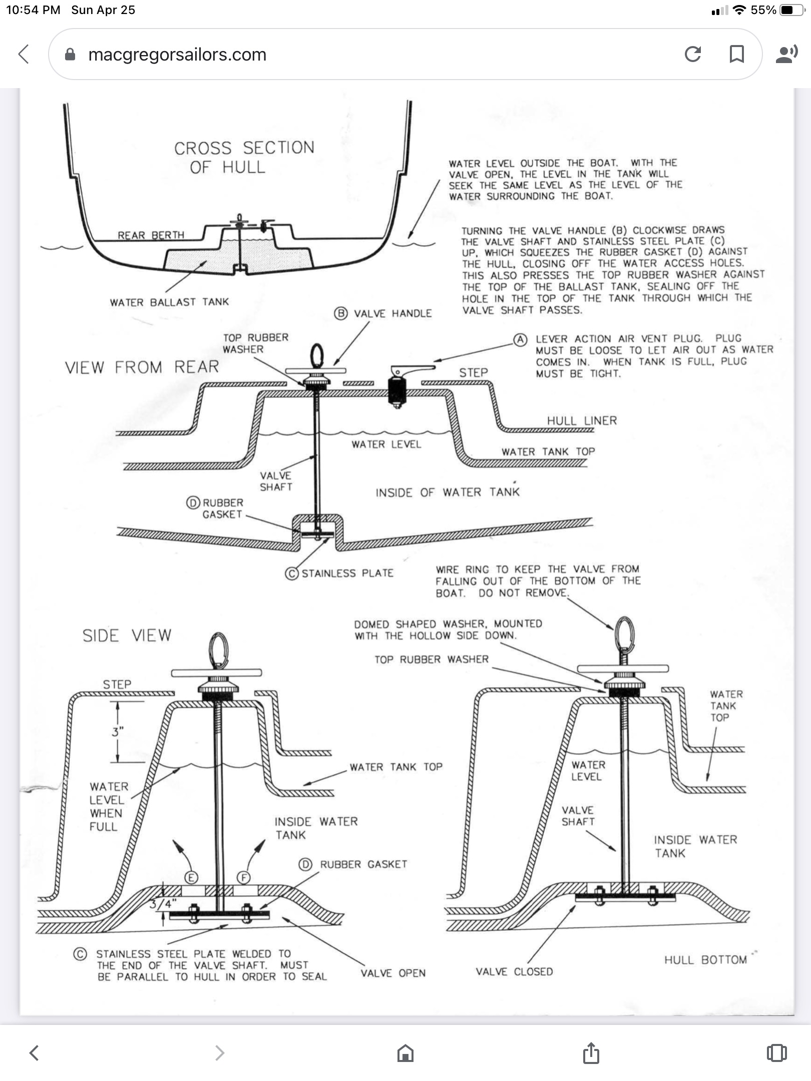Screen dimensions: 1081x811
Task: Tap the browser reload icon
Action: point(692,54)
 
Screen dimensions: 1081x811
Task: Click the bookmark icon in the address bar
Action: point(736,54)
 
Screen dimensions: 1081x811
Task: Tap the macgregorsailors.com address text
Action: point(177,55)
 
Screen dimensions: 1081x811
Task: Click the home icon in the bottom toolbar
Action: point(405,1053)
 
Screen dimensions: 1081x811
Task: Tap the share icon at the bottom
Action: point(591,1052)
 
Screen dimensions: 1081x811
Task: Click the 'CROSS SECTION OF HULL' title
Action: point(244,157)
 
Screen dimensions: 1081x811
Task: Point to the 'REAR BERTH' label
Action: point(151,235)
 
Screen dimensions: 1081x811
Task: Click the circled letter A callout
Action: point(520,340)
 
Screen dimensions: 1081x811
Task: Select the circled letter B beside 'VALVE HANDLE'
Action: point(341,314)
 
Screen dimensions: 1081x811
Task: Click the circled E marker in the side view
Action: point(191,877)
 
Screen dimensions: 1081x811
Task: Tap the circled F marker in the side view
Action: point(244,877)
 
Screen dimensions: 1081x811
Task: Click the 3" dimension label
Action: point(118,731)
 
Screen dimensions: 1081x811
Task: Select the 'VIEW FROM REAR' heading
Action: point(142,367)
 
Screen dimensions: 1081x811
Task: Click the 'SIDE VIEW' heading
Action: point(127,636)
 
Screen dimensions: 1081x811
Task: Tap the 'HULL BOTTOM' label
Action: point(705,959)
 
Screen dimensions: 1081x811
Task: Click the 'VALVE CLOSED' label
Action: point(514,971)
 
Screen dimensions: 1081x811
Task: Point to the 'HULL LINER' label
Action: point(582,421)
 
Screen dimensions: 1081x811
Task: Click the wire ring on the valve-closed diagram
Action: point(625,633)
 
